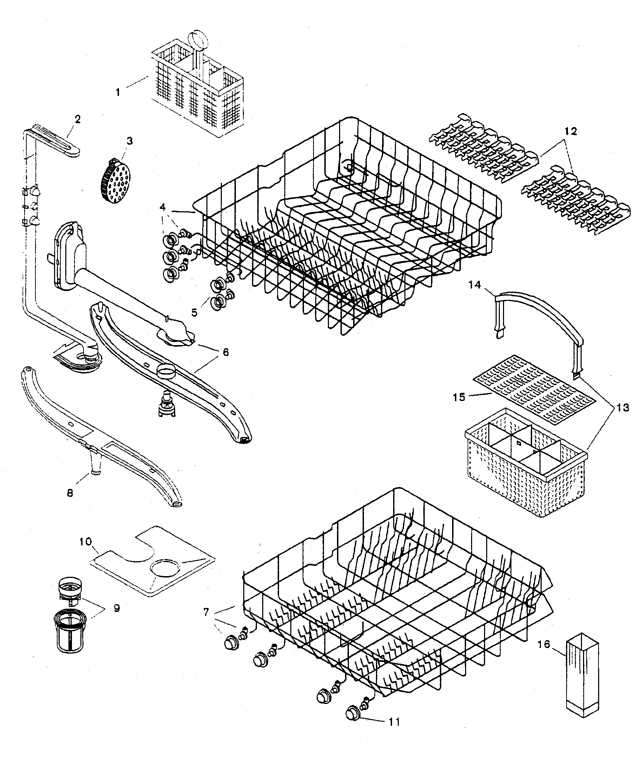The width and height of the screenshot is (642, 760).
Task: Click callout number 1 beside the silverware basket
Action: point(118,92)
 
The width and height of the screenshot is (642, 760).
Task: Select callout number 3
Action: point(129,141)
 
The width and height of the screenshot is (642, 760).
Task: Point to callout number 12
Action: point(570,131)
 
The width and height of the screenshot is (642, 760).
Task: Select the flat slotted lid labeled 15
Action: point(535,389)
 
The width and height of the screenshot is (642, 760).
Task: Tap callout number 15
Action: point(459,397)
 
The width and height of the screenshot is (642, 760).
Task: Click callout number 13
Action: point(623,408)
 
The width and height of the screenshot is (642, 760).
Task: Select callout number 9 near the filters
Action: point(117,608)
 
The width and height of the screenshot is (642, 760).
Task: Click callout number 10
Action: point(86,541)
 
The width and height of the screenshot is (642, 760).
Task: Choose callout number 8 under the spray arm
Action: point(70,493)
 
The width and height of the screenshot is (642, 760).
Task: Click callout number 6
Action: point(225,352)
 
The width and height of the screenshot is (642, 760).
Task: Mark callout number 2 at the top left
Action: point(78,119)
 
